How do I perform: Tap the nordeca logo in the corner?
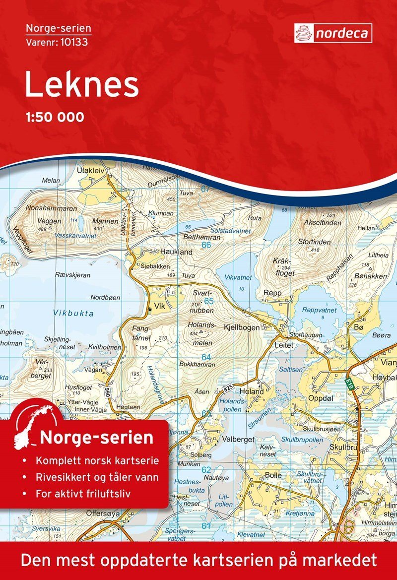click(332, 33)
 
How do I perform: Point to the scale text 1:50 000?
click(54, 118)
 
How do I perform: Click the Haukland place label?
click(176, 252)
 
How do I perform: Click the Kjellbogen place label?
click(242, 328)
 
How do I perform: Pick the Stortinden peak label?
click(314, 242)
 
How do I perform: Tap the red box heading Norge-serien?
click(97, 438)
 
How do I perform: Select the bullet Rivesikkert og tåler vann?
click(97, 478)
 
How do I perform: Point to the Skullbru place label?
click(342, 447)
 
